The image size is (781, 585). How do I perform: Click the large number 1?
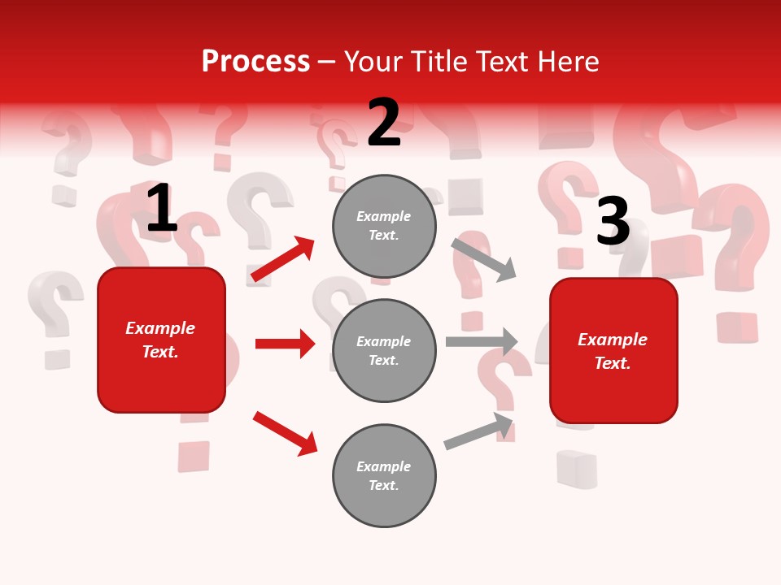[x=161, y=209]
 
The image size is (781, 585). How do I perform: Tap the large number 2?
[x=383, y=123]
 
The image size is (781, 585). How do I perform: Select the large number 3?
[x=613, y=221]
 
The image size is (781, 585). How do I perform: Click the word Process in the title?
[x=255, y=62]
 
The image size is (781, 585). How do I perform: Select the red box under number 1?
[x=161, y=340]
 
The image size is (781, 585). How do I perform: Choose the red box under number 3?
[x=613, y=350]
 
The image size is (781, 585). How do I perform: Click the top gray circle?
[x=384, y=226]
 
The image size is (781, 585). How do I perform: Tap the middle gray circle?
[x=384, y=350]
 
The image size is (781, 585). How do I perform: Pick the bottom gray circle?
[x=384, y=475]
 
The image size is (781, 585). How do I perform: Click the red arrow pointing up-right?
[x=283, y=258]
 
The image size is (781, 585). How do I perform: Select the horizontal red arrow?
[x=285, y=344]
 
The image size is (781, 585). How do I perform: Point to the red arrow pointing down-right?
[x=286, y=433]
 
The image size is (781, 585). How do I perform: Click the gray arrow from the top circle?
[x=484, y=259]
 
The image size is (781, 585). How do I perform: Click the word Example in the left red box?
[x=160, y=328]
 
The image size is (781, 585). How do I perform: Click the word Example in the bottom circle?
[x=383, y=466]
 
